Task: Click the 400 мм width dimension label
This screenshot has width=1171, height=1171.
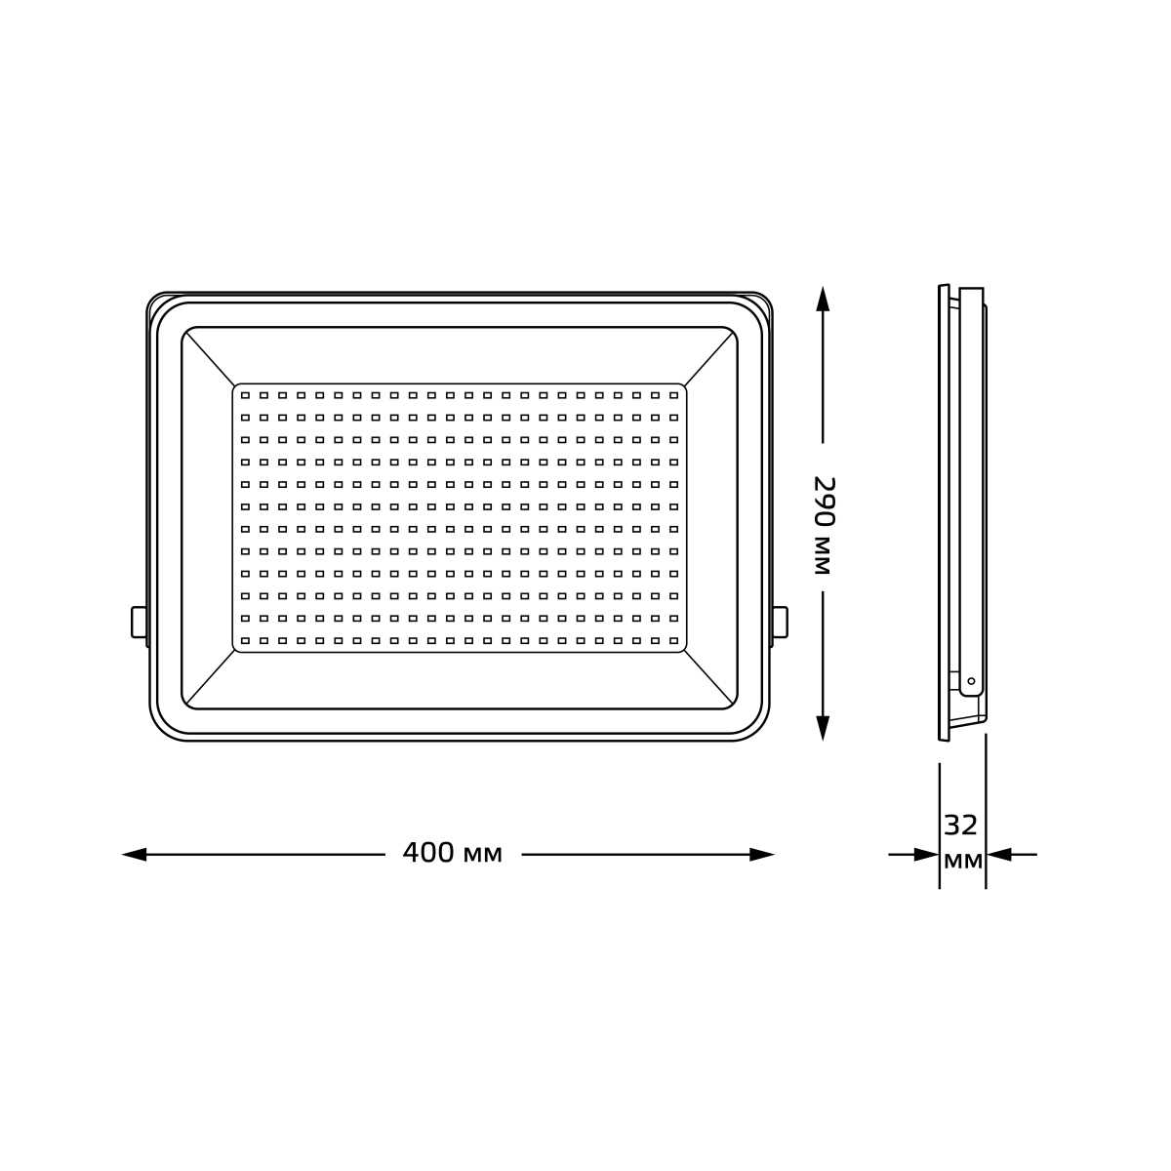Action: point(452,854)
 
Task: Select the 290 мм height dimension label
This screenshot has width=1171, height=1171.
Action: point(823,525)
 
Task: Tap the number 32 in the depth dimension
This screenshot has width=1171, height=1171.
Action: point(961,826)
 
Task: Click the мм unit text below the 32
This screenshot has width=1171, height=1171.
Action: point(962,861)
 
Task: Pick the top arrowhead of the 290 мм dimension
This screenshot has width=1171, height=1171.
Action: point(823,299)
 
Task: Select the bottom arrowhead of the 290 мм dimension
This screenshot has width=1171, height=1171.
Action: point(823,727)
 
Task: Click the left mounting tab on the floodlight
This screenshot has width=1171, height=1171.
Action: point(139,622)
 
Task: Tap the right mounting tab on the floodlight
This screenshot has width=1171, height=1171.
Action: point(780,622)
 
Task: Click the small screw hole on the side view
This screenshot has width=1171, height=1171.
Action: point(971,681)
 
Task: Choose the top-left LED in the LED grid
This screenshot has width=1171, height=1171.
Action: point(246,395)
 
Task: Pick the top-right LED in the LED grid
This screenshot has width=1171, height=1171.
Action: point(673,395)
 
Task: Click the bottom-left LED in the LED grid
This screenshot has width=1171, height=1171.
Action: point(246,640)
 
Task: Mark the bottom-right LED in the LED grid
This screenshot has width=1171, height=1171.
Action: point(673,640)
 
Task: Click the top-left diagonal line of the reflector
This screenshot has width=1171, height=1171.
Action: point(210,357)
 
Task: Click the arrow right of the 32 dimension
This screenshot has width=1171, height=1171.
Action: point(999,855)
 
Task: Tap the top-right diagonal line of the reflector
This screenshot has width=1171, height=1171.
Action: point(709,357)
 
